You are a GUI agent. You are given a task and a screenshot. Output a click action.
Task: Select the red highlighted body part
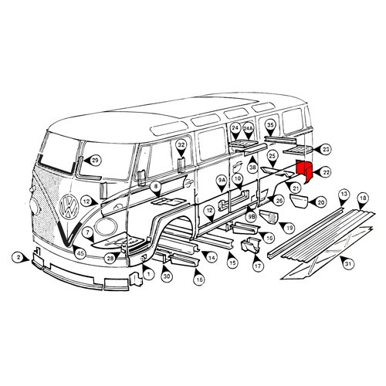(304, 173)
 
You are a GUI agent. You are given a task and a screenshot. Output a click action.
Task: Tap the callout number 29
(95, 161)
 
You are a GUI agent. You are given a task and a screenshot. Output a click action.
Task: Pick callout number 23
(326, 149)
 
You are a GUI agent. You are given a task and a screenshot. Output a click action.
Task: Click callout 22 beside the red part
(326, 172)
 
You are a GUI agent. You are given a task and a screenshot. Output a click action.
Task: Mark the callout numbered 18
(363, 199)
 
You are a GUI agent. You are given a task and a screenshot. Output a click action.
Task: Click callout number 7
(89, 231)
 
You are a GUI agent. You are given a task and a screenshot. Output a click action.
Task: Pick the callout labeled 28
(110, 258)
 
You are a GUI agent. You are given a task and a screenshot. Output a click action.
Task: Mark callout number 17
(256, 266)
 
